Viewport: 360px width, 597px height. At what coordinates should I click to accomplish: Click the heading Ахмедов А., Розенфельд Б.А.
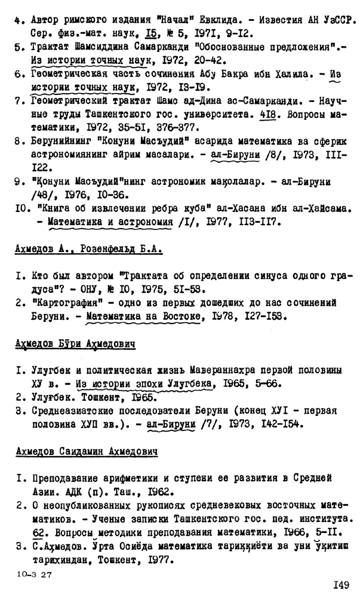point(88,248)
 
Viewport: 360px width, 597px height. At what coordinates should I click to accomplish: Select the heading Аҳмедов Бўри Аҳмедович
point(75,344)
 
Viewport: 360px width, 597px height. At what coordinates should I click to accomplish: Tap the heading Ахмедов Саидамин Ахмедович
point(86,452)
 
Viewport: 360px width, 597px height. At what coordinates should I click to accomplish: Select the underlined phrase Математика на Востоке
point(143,316)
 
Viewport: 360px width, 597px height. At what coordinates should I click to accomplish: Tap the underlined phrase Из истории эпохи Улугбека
point(143,383)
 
